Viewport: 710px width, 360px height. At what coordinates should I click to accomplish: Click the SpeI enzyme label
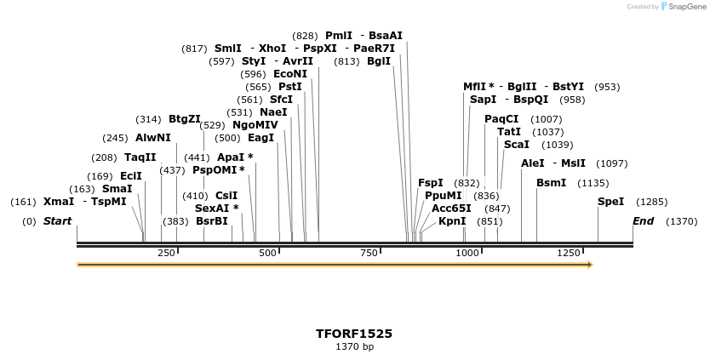610,202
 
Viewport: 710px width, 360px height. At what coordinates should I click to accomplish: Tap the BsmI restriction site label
551,183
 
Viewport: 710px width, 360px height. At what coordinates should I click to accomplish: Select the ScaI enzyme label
516,145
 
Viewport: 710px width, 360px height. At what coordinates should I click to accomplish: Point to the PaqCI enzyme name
501,119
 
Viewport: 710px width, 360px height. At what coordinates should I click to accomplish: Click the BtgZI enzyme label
185,119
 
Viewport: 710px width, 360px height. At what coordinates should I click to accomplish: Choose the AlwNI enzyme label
153,138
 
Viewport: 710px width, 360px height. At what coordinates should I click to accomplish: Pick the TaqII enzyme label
140,157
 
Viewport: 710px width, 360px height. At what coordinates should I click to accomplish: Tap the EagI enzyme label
261,138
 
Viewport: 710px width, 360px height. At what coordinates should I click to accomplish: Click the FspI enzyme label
431,183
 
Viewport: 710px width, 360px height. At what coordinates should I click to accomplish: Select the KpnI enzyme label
452,221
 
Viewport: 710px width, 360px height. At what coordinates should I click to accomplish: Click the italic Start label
57,221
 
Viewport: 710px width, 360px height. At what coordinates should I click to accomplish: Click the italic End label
643,221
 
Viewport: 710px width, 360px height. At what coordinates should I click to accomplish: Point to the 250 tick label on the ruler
166,254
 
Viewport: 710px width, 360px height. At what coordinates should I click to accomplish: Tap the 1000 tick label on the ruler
467,254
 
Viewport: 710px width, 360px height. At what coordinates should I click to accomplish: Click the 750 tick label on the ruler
369,254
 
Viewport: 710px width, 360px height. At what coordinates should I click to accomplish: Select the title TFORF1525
354,334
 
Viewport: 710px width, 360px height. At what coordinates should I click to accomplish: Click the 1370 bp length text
354,347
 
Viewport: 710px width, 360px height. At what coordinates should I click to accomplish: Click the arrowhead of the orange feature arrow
589,265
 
